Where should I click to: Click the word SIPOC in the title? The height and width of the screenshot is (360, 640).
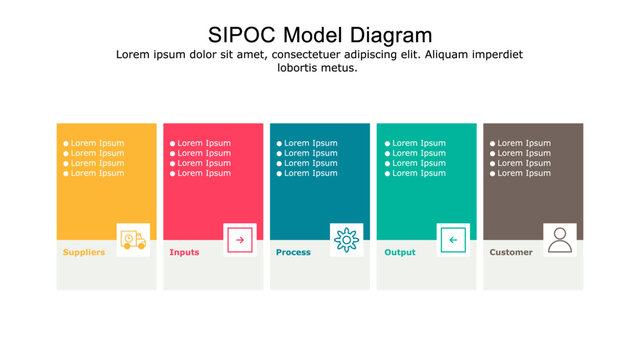pyautogui.click(x=243, y=35)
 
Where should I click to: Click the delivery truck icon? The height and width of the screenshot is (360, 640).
pyautogui.click(x=133, y=240)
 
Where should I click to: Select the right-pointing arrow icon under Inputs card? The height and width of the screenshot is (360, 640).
pyautogui.click(x=240, y=240)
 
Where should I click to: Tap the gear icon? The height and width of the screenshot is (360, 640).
pyautogui.click(x=346, y=240)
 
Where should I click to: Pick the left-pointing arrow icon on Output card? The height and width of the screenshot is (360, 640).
pyautogui.click(x=453, y=240)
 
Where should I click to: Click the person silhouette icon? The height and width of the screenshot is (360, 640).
pyautogui.click(x=560, y=240)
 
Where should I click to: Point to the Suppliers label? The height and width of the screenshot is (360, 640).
pyautogui.click(x=84, y=252)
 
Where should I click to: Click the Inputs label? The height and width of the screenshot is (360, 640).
pyautogui.click(x=184, y=252)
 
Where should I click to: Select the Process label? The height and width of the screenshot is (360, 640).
pyautogui.click(x=293, y=252)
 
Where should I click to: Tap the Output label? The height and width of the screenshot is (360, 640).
pyautogui.click(x=400, y=252)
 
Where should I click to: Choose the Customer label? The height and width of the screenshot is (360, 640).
pyautogui.click(x=511, y=252)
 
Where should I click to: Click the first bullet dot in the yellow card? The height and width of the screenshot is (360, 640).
pyautogui.click(x=66, y=143)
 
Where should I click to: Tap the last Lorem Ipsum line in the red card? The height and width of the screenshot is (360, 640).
pyautogui.click(x=204, y=173)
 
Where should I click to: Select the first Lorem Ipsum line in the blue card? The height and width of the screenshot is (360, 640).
pyautogui.click(x=311, y=143)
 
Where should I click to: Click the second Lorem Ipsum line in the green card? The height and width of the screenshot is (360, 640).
pyautogui.click(x=418, y=153)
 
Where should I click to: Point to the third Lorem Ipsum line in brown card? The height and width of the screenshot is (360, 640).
pyautogui.click(x=524, y=163)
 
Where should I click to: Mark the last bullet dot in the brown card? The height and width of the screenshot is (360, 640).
pyautogui.click(x=493, y=173)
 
